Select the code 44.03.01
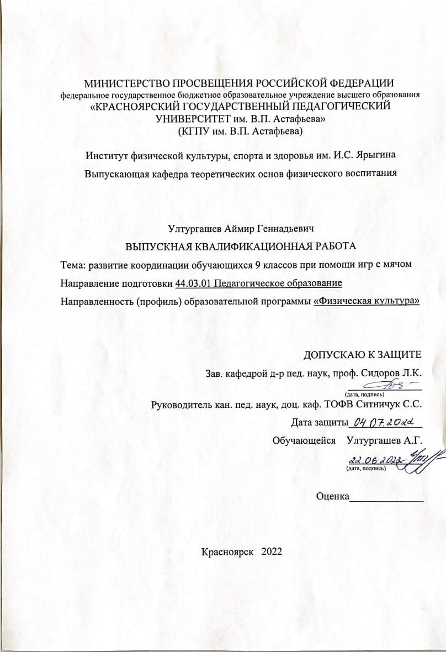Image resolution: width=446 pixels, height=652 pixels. point(193,283)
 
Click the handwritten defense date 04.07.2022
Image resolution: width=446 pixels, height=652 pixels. point(385,423)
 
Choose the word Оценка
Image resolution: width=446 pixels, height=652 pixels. point(332,496)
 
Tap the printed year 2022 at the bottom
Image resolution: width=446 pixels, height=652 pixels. point(272,551)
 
